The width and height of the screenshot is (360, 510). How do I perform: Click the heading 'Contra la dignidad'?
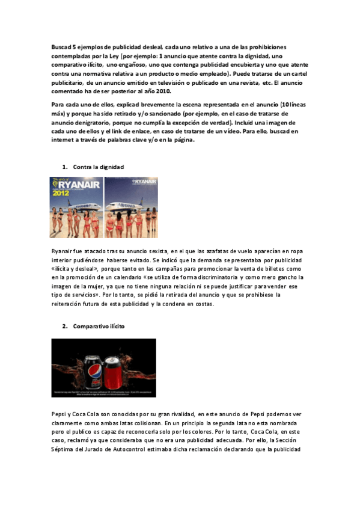(x=99, y=166)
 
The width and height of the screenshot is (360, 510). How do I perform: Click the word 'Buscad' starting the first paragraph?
(x=59, y=47)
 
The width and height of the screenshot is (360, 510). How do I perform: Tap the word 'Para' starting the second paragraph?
(x=58, y=104)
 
